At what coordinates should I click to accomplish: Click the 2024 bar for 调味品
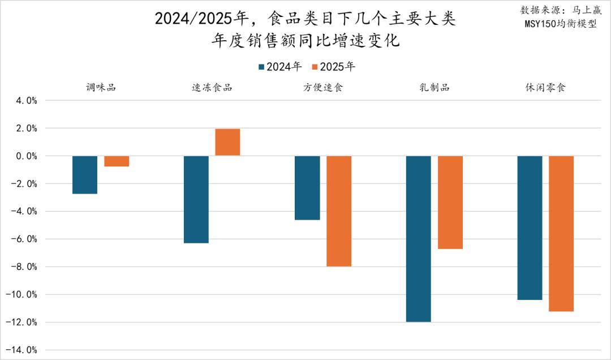[85, 174]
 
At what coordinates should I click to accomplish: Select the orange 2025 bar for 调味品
[117, 161]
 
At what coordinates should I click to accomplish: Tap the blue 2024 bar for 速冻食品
[196, 199]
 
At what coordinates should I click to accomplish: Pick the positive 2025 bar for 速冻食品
[227, 143]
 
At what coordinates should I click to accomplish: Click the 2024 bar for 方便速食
[307, 188]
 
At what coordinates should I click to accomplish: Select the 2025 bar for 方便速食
[339, 211]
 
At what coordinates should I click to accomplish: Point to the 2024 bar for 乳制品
[419, 238]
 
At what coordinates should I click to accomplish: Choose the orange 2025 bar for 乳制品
[450, 202]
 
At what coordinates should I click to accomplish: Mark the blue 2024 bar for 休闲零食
[530, 228]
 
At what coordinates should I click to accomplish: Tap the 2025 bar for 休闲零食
[561, 233]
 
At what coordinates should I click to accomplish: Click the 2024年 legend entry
[279, 67]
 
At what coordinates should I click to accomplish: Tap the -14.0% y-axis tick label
[23, 350]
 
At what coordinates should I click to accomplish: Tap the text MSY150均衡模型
[560, 24]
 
